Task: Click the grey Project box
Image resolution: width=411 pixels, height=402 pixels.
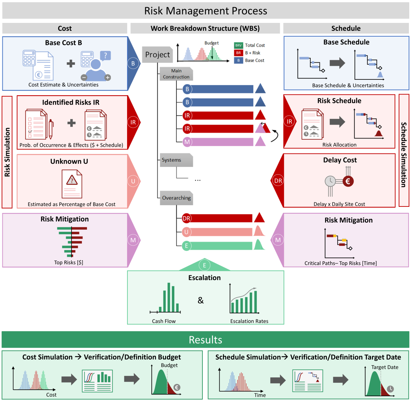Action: pos(157,55)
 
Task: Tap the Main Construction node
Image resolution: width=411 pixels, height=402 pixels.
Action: pos(176,74)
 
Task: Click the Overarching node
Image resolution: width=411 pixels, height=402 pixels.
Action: pos(176,198)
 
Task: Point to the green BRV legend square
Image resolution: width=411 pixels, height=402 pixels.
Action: pos(238,45)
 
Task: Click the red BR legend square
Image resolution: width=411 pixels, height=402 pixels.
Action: pos(238,53)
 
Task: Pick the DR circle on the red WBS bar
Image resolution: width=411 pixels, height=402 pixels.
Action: pos(186,218)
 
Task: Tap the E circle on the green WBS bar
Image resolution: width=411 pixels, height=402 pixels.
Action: pos(186,246)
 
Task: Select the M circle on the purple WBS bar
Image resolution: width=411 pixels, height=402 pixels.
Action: pos(187,142)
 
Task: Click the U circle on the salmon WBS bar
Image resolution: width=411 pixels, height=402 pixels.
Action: pos(186,232)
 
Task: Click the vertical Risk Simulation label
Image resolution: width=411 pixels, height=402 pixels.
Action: pos(7,152)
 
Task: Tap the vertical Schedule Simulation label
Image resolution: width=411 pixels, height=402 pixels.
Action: pos(404,155)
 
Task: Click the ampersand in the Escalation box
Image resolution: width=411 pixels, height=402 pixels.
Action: pos(201,301)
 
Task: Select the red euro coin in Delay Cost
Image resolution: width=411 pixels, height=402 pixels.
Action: pos(348,181)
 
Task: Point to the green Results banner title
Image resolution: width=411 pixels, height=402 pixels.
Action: pos(206,340)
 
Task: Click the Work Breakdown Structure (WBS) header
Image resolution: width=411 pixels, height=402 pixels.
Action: pos(205,28)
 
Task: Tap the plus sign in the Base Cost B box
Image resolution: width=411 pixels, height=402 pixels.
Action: pos(71,63)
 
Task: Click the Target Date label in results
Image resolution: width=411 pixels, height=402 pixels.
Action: pos(385,367)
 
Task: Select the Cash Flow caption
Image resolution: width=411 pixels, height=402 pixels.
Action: pos(164,321)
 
